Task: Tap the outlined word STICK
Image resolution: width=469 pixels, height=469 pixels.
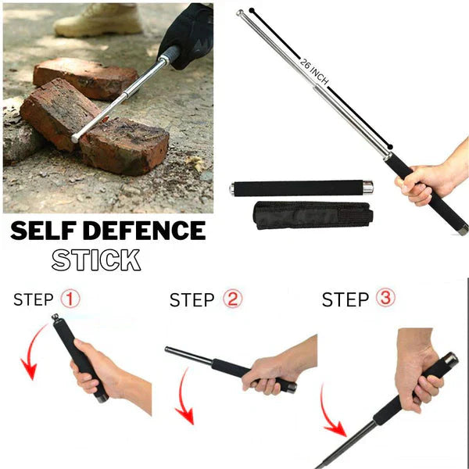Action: tap(96, 260)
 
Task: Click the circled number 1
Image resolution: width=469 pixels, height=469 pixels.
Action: tap(70, 299)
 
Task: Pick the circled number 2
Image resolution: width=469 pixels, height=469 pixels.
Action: tap(231, 299)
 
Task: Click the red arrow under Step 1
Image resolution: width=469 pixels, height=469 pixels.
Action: tap(31, 352)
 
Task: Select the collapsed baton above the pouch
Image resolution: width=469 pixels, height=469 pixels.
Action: tap(301, 188)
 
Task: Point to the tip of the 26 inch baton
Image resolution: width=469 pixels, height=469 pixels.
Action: tap(241, 13)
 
